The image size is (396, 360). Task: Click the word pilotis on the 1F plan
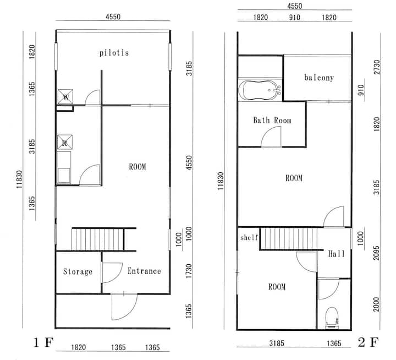click(114, 53)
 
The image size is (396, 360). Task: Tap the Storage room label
click(78, 271)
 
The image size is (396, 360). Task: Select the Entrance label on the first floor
click(144, 271)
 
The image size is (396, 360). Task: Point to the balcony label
click(319, 78)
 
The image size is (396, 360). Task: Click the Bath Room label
click(272, 120)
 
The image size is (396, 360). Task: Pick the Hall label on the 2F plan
click(337, 254)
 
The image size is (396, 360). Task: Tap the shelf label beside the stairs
click(249, 237)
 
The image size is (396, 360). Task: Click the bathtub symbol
click(260, 90)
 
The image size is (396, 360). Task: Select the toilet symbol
click(332, 318)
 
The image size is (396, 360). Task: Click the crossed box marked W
click(65, 96)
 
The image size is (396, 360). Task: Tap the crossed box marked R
click(65, 142)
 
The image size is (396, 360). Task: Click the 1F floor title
click(43, 343)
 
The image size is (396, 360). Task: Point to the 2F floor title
click(368, 342)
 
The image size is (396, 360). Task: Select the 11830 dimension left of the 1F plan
click(19, 179)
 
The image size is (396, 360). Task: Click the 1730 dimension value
click(189, 271)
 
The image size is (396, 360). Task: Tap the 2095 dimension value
click(376, 253)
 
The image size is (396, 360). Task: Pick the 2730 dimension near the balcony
click(377, 67)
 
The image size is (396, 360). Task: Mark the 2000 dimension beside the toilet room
click(376, 304)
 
